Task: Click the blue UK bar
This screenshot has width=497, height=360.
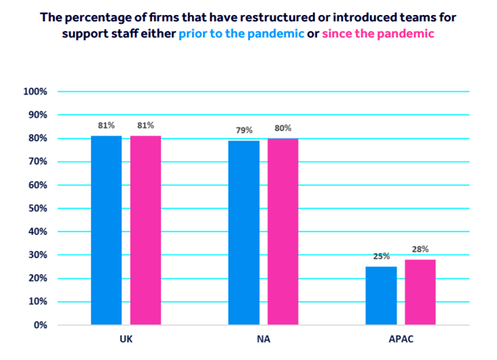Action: point(106,230)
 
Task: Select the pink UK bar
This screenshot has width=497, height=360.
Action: point(146,230)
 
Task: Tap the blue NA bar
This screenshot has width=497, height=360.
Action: point(243,232)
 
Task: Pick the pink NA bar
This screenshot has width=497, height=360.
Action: point(283,232)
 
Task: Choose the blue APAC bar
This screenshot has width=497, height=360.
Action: point(380,295)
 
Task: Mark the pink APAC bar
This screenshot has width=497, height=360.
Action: point(420,292)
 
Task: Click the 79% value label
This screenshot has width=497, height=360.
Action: point(243,130)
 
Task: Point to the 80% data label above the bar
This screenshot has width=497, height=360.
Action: point(283,128)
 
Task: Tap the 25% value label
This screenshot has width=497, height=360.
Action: point(380,256)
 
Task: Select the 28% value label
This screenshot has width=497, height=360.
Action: point(420,249)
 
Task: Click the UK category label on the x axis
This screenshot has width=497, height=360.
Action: point(125,341)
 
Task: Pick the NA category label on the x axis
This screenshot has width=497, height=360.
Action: point(263,341)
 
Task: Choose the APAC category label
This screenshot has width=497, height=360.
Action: point(400,341)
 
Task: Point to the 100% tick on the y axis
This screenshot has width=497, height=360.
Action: point(36,92)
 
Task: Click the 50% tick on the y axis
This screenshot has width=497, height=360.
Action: point(38,209)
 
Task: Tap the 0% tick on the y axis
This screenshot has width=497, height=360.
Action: point(40,325)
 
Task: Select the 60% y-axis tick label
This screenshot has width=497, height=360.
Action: point(38,186)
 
